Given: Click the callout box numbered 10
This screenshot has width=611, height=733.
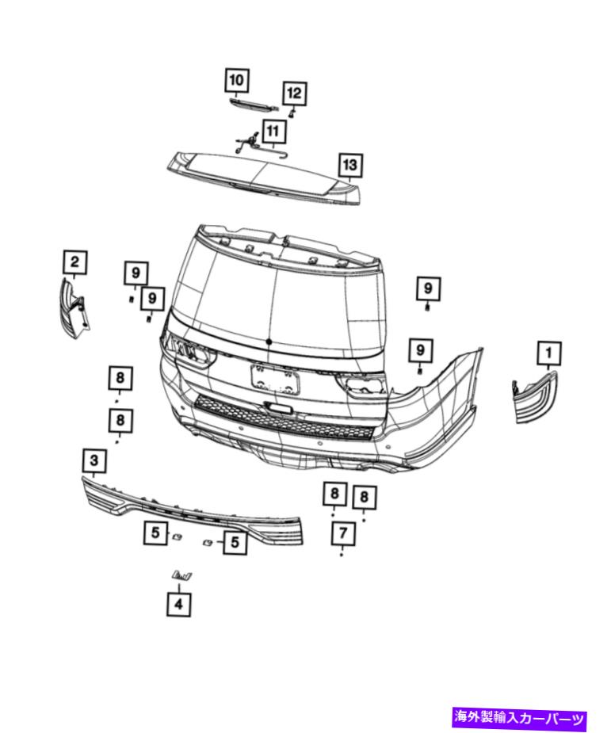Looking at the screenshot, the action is click(x=236, y=80).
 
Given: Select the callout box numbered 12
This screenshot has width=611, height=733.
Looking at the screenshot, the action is click(x=294, y=94).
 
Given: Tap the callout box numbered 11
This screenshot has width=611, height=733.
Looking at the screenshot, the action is click(x=273, y=132).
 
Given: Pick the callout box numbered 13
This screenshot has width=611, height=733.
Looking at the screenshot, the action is click(x=350, y=165).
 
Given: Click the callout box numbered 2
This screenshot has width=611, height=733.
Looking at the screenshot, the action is click(x=75, y=262).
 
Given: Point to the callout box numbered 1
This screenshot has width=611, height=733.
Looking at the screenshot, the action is click(x=549, y=353).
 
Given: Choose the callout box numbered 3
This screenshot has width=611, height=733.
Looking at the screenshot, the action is click(x=94, y=460).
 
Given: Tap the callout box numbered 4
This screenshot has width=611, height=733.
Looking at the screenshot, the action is click(x=178, y=604).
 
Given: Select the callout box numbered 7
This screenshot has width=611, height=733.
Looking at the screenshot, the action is click(x=343, y=533).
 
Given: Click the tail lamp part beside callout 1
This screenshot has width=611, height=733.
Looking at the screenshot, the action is click(x=534, y=397).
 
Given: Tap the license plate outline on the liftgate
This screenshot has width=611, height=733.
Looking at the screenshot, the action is click(x=275, y=378).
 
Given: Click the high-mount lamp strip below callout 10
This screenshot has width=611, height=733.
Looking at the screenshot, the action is click(x=254, y=104).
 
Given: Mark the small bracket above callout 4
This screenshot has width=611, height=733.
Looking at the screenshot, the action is click(x=182, y=575).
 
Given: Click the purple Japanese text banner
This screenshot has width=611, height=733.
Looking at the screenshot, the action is click(x=519, y=717).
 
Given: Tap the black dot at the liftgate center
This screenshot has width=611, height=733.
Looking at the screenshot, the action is click(x=269, y=342).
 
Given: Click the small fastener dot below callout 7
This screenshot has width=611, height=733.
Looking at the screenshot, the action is click(x=342, y=555).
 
